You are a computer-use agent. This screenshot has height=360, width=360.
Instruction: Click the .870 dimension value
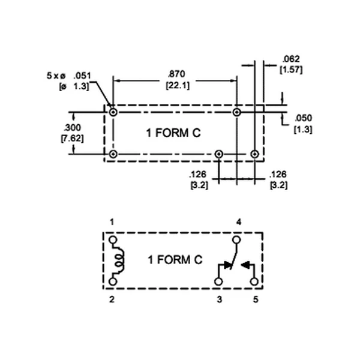coord(176,74)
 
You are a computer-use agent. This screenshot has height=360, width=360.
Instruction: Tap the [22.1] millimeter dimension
coord(178,85)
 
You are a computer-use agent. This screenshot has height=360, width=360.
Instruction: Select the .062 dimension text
coord(291,59)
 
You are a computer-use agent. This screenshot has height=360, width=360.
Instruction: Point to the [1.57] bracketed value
coord(291,70)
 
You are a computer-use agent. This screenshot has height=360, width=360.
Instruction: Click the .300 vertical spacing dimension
coord(73,127)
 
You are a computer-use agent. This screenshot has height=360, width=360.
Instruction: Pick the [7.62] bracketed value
coord(73,139)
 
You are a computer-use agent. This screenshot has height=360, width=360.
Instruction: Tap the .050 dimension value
coord(303,118)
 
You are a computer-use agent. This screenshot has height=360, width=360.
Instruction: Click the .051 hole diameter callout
coord(82,76)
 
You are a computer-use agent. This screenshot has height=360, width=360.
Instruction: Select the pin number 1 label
coord(112,222)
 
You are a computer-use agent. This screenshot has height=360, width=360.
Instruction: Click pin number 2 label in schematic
coord(112,299)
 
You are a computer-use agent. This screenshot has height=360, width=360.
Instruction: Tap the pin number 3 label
coord(220,299)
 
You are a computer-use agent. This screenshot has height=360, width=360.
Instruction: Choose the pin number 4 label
coord(239,222)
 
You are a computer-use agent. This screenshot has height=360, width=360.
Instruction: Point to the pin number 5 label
coord(256,299)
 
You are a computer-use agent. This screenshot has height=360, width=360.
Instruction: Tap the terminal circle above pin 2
coord(113,281)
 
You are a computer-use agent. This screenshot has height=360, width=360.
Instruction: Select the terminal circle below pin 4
coord(236,240)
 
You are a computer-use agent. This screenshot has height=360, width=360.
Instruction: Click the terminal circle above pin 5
coord(254,281)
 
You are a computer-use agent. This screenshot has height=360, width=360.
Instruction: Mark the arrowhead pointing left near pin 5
coord(245,265)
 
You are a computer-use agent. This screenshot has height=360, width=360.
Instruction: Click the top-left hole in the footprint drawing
coord(113,113)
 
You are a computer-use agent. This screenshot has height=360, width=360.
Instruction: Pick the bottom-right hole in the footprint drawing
coord(254,154)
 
